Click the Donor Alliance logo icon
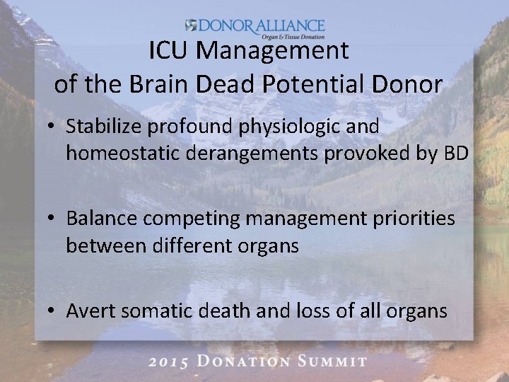pos(191,25)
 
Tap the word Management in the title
pos(271,51)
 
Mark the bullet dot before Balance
pos(53,219)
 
